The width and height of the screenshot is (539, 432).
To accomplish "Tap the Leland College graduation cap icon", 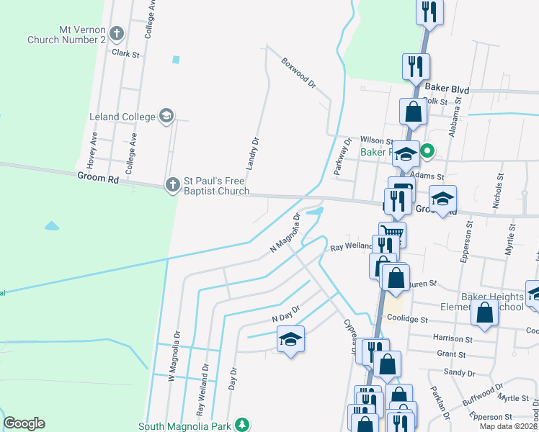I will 166,116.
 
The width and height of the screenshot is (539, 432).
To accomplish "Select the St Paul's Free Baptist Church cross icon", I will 172,185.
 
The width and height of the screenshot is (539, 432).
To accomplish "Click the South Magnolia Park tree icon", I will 244,426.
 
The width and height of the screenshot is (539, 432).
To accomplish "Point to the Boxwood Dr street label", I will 299,73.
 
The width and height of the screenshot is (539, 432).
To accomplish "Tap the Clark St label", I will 125,53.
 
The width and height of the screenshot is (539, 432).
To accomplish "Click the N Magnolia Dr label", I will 285,233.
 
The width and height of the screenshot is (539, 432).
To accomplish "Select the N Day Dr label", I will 285,314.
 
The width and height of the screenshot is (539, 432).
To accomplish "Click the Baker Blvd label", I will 447,89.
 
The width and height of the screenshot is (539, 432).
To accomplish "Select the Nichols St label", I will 496,191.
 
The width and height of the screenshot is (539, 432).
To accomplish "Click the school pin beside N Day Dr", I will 290,338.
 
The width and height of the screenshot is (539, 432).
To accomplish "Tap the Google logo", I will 24,423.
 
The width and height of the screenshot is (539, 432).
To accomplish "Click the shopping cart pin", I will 392,233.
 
